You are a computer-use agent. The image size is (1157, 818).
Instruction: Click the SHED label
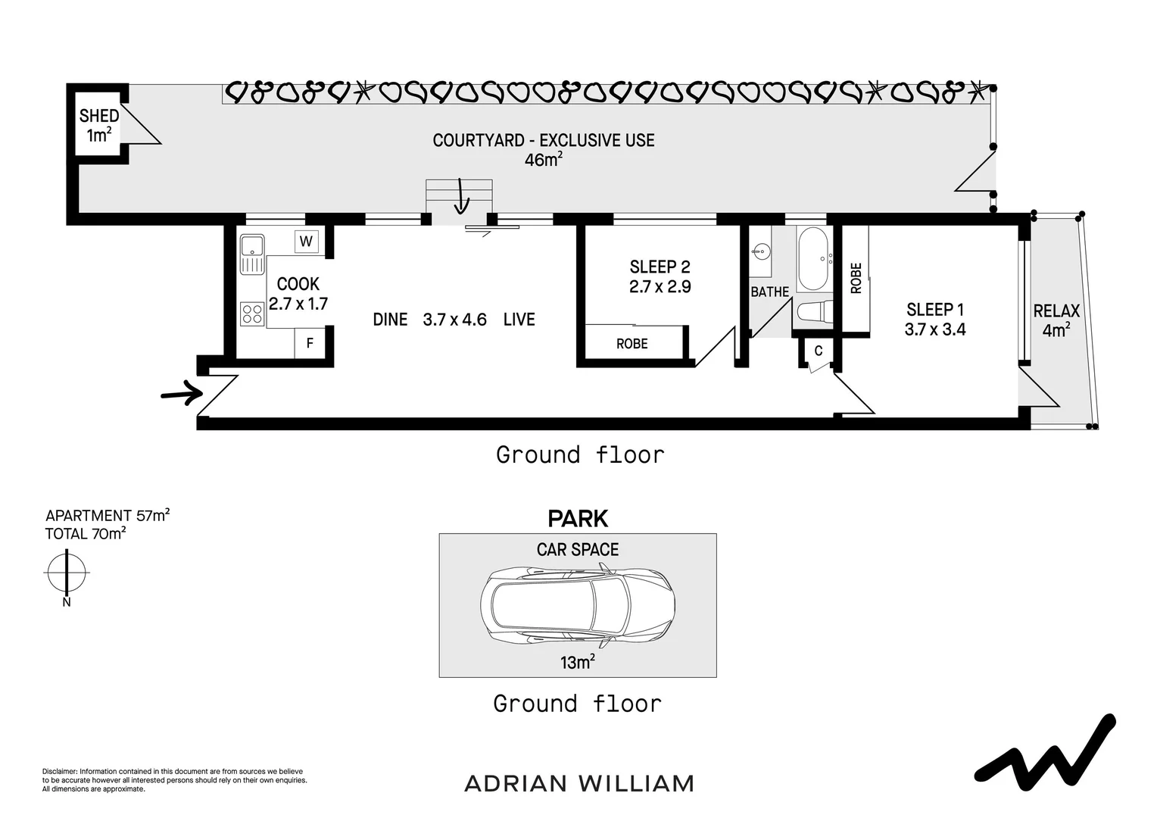click(x=99, y=116)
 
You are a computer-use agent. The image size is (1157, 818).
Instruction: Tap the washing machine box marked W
click(x=306, y=242)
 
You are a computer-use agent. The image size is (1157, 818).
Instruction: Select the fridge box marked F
click(x=310, y=343)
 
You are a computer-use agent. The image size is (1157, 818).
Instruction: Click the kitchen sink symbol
click(x=251, y=254)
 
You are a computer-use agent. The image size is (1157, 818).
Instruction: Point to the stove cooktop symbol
click(x=251, y=314)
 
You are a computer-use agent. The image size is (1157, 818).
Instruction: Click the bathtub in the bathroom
click(x=814, y=258)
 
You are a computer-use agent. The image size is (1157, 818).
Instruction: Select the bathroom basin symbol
click(x=762, y=252)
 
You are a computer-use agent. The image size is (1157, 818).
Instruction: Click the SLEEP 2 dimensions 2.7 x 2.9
click(x=660, y=287)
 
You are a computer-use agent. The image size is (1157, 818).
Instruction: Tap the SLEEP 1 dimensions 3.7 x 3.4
click(x=935, y=329)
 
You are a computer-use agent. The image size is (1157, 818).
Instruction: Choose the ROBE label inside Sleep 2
click(x=632, y=344)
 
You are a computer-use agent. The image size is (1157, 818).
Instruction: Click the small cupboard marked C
click(x=818, y=351)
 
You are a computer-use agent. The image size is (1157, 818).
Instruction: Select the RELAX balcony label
click(x=1056, y=311)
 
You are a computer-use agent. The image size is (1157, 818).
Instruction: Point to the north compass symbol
click(x=67, y=573)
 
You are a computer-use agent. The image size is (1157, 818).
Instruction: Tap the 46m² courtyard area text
click(x=543, y=160)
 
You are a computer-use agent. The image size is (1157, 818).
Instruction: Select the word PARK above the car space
click(x=578, y=519)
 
